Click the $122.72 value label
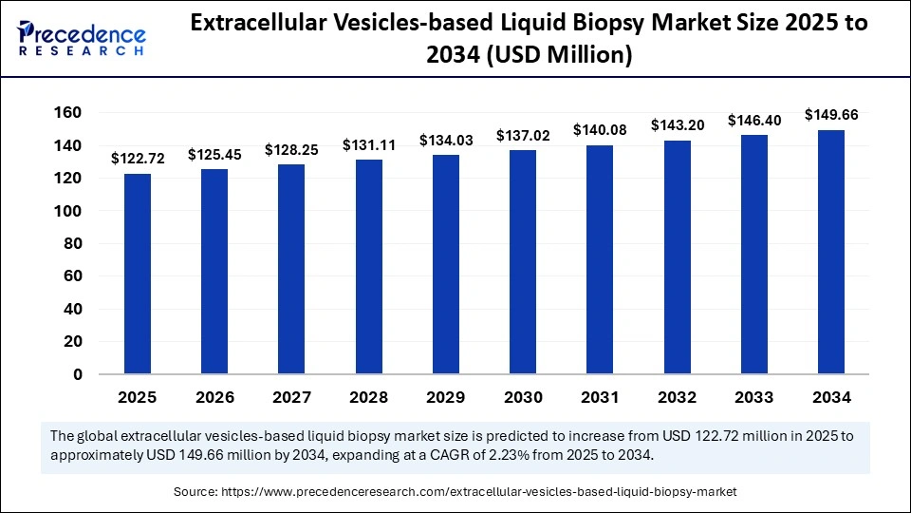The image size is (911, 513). coord(138,159)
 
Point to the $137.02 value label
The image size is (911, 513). coord(523,136)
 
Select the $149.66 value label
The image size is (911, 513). coord(831,115)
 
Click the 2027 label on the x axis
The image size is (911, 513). coord(291,397)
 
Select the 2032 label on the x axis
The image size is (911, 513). coord(678,397)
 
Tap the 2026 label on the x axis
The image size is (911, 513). coord(214,397)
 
